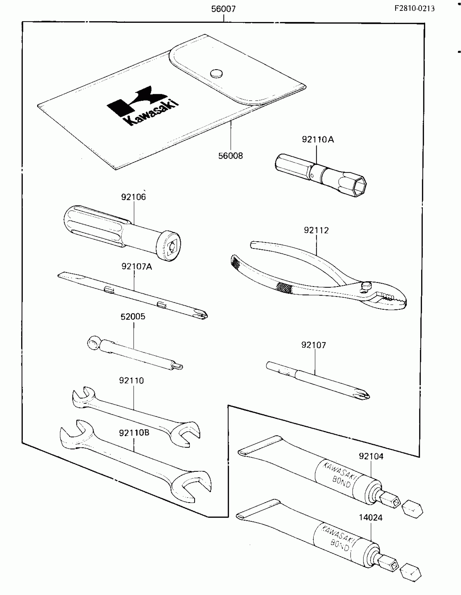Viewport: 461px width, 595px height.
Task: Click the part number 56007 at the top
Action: (223, 9)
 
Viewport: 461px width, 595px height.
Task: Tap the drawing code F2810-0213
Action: (414, 8)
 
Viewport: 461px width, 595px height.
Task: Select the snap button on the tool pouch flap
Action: (216, 73)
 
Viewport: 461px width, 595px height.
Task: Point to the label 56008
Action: (230, 156)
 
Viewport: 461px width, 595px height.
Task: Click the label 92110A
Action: (318, 140)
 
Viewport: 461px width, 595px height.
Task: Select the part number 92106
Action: (133, 197)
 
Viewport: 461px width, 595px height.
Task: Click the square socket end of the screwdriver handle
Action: (172, 246)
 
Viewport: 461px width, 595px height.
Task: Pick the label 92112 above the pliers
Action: (316, 230)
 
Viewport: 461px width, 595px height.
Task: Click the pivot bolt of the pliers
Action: (367, 286)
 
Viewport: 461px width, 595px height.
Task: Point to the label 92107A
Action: (137, 267)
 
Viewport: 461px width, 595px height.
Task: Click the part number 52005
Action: (133, 317)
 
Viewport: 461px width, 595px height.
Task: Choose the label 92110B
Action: (134, 433)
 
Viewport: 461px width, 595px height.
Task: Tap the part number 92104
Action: (371, 456)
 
